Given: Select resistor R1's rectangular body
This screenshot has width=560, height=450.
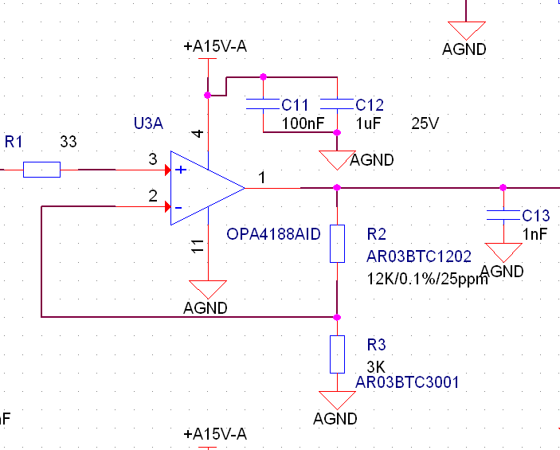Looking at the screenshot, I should (41, 169).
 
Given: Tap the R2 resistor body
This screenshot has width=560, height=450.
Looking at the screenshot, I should (337, 244).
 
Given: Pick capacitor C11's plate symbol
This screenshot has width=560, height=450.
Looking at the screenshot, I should (263, 104).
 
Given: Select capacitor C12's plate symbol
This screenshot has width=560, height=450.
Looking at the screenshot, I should (337, 104).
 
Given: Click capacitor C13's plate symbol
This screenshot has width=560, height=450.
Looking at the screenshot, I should (503, 214).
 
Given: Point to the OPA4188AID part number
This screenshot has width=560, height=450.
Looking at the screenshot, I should (273, 234).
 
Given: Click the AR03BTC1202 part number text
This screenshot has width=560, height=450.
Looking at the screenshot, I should (419, 256).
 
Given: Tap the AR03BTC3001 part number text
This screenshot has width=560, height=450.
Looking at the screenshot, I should (408, 382).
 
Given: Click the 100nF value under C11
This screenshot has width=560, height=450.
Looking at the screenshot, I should (301, 124).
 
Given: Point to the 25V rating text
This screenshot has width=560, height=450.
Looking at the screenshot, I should (425, 124).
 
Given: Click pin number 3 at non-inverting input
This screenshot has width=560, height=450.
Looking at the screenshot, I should (153, 160).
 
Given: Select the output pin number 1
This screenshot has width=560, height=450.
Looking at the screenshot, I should (260, 178).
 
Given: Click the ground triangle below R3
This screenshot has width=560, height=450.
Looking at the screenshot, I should (337, 400).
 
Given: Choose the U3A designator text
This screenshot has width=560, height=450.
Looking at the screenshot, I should (148, 123).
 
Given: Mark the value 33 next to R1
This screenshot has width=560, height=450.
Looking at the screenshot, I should (69, 142).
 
